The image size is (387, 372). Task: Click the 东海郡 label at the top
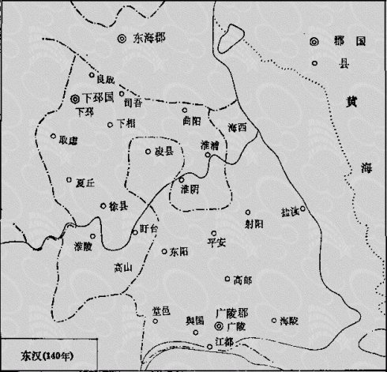[150, 38]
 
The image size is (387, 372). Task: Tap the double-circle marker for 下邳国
[75, 100]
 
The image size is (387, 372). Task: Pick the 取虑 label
[70, 141]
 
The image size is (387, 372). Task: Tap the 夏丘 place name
[85, 183]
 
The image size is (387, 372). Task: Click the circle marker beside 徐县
[103, 206]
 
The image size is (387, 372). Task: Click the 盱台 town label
[148, 229]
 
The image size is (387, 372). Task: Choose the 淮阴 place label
[190, 190]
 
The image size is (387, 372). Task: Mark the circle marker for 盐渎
[302, 209]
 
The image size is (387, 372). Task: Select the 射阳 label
[254, 224]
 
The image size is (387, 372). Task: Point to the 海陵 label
[290, 322]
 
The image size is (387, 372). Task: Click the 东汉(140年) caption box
[49, 352]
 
